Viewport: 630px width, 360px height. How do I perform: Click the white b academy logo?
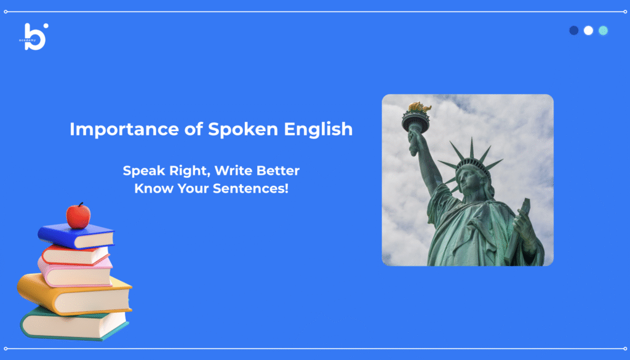(34, 36)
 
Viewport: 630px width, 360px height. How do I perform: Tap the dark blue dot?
(574, 31)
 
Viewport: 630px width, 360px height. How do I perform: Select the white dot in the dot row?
(588, 31)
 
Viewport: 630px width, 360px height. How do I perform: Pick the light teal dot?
(603, 31)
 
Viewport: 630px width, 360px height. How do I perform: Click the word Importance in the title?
(124, 130)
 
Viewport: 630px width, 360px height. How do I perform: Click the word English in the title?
(318, 129)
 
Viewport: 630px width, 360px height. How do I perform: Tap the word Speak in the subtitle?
(143, 171)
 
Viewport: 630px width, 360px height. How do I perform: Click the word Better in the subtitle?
(278, 170)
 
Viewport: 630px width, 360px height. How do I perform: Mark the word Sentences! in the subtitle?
(250, 188)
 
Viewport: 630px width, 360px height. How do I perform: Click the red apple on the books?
(78, 216)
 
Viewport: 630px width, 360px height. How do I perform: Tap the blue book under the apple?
(76, 236)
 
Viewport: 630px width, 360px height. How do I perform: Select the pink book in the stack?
(74, 272)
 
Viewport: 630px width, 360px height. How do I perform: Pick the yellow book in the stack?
(74, 295)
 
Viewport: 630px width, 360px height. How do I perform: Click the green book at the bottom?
(74, 324)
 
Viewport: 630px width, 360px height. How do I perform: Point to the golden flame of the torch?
(420, 107)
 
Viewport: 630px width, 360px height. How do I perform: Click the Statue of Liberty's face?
(468, 180)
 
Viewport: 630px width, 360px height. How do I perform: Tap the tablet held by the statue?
(517, 230)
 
